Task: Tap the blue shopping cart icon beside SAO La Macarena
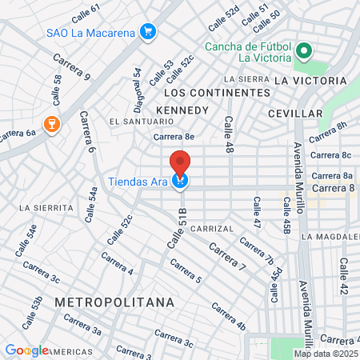pos(146,32)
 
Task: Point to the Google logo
pos(26,350)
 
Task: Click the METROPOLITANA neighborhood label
pos(114,302)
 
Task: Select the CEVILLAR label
pos(295,114)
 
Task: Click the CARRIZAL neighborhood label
pos(211,229)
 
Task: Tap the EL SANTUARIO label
pos(142,121)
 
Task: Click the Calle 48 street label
pos(229,135)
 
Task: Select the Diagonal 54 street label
pos(138,89)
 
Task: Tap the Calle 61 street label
pos(86,13)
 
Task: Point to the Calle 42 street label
pos(343,277)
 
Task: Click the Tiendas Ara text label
pos(138,182)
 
